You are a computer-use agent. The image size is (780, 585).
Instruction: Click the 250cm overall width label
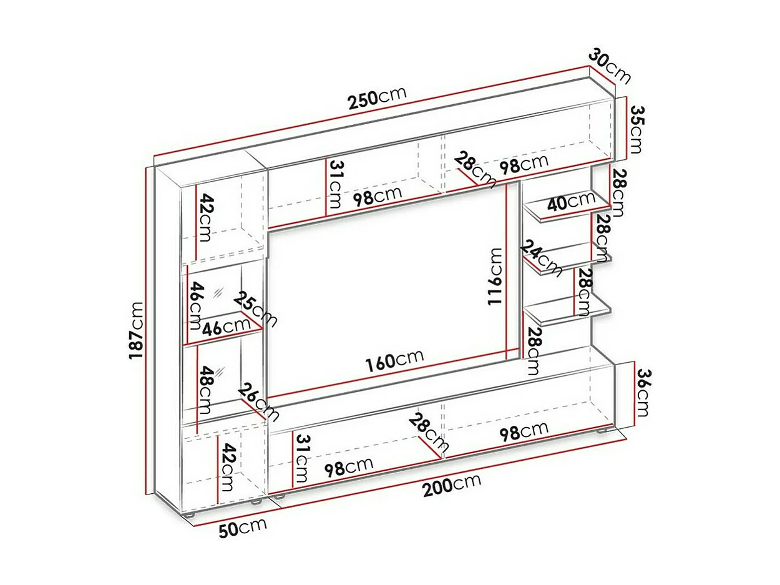click(377, 97)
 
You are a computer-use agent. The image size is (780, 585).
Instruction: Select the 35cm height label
click(637, 129)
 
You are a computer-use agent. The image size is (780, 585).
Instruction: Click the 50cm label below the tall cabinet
click(243, 528)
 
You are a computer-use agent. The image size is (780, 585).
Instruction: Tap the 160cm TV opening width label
click(394, 360)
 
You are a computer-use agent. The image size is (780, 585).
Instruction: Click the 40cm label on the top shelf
click(572, 201)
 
